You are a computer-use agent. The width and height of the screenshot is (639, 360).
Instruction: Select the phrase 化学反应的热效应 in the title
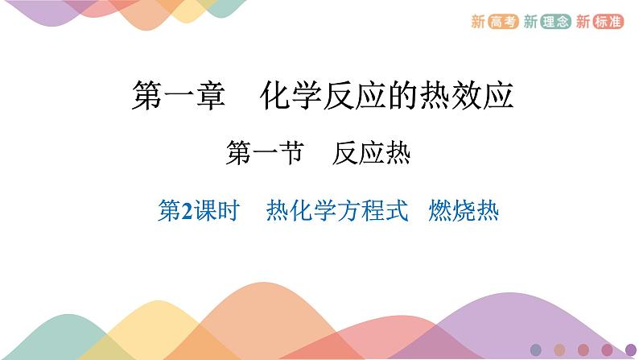coord(387,97)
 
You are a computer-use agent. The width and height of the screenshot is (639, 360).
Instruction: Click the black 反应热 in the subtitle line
coord(371,153)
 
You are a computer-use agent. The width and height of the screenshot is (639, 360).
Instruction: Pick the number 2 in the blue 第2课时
coord(188,213)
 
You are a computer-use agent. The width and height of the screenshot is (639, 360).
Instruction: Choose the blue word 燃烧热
coord(464,212)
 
